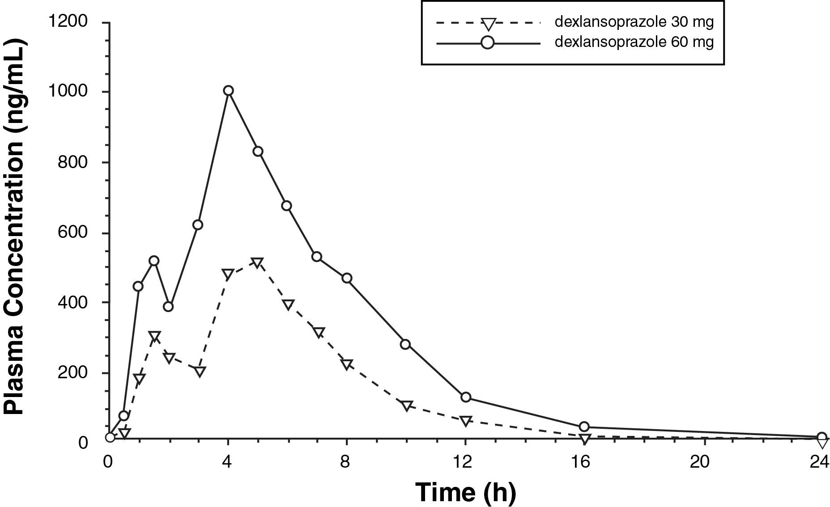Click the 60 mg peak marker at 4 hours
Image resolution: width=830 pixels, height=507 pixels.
coord(228,91)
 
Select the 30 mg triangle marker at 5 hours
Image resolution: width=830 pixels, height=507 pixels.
coord(257,262)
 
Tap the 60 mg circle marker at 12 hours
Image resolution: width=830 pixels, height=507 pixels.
coord(466,397)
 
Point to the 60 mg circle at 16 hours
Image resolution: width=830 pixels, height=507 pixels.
coord(584,427)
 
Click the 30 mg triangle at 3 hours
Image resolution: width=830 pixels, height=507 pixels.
coord(200,371)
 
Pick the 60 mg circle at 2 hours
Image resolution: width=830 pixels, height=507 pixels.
coord(168,307)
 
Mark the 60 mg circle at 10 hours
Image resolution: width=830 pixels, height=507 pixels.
coord(405,344)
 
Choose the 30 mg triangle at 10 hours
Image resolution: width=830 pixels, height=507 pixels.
coord(406,406)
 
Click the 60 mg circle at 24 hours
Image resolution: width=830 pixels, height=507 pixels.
coord(821,437)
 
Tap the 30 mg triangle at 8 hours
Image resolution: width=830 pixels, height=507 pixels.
coord(347,364)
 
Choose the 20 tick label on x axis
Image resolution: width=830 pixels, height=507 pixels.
coord(700,462)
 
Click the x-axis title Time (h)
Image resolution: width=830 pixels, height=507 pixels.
coord(465,492)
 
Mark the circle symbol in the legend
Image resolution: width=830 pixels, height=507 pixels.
coord(488,43)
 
